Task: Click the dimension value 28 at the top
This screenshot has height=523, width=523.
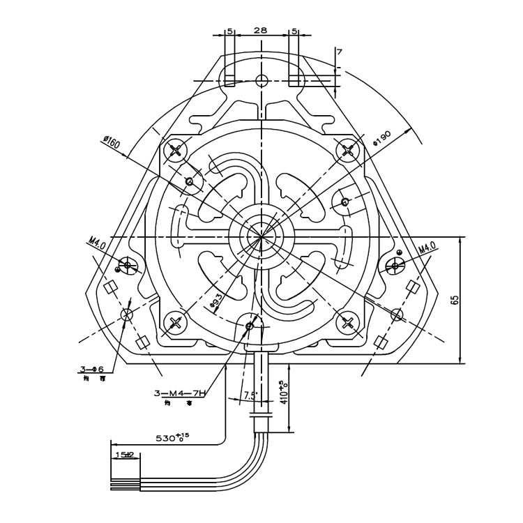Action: point(260,31)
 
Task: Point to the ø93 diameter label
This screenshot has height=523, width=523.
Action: point(216,301)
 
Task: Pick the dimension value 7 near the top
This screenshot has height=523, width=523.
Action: point(340,52)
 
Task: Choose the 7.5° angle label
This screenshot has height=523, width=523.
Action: point(250,395)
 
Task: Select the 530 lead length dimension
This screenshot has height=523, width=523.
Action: point(172,439)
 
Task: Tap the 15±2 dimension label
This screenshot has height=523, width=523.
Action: point(126,454)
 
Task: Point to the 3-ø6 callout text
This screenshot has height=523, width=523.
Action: point(91,369)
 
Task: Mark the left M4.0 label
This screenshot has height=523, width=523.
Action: point(96,243)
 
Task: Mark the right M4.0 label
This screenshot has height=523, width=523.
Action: point(427,248)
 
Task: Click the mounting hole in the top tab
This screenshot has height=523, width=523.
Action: point(261,80)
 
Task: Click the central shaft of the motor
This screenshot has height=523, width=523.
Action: point(261,236)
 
